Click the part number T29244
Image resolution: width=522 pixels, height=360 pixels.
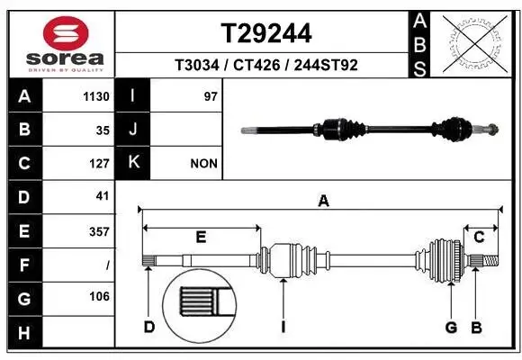[x=266, y=33]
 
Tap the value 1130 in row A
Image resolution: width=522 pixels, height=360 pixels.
[x=96, y=96]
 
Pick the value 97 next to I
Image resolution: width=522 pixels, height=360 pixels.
[x=211, y=96]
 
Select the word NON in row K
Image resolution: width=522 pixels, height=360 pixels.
[x=203, y=164]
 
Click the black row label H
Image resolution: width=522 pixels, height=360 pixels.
[x=23, y=333]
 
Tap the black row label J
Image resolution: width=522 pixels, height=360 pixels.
[x=133, y=130]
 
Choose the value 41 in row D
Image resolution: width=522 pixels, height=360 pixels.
[x=102, y=196]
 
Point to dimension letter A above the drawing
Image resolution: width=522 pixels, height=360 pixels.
[x=323, y=202]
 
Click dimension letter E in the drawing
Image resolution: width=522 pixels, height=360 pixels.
[x=201, y=238]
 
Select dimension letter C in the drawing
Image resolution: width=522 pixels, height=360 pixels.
[x=480, y=238]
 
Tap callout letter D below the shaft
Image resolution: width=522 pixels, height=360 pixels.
[x=148, y=326]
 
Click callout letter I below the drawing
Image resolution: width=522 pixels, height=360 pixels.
[x=283, y=326]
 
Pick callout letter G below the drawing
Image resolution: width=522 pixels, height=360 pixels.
[x=451, y=326]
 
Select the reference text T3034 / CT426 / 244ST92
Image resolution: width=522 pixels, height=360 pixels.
[x=266, y=65]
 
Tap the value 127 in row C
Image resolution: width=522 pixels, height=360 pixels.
[x=99, y=164]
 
